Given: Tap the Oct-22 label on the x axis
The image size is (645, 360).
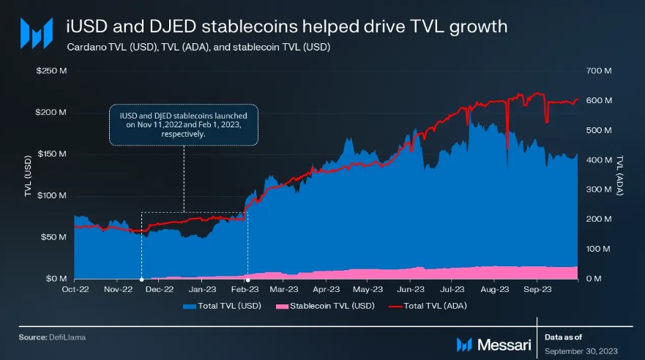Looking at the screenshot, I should (75, 289).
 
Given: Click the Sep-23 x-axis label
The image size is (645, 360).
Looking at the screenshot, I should (537, 289).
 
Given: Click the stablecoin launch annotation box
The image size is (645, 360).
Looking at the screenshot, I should (184, 124).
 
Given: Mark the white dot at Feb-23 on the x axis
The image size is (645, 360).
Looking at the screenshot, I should (247, 279).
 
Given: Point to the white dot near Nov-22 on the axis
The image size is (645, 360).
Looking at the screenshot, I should (141, 279).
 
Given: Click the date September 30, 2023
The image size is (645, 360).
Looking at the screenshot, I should (583, 351).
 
